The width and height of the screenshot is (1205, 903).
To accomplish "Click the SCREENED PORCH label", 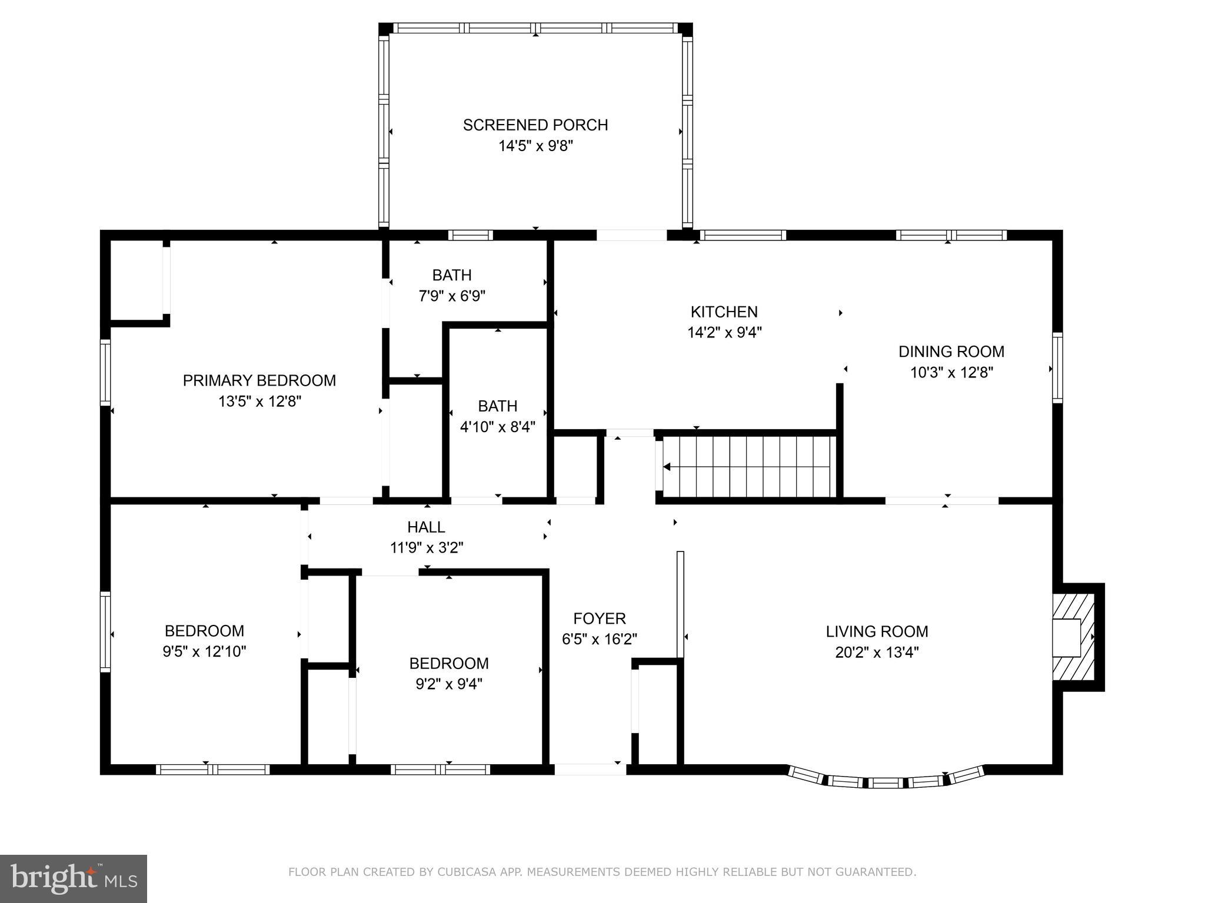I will tap(535, 125).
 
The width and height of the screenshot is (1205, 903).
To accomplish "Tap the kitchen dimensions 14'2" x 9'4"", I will tap(724, 333).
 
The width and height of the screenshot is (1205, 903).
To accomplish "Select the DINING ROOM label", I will tap(951, 352).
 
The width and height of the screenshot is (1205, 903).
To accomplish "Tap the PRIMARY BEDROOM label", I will tap(259, 380).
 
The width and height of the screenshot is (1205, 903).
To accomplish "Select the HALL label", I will tap(426, 527).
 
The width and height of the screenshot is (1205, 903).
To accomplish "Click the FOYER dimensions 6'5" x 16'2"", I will tap(599, 639).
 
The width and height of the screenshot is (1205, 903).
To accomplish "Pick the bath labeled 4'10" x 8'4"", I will tap(497, 416).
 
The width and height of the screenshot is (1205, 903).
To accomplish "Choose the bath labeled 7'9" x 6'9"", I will tap(451, 285).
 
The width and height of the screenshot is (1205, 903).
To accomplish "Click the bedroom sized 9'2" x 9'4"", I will tap(449, 674).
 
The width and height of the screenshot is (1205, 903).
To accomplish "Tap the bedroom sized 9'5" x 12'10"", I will tap(204, 641).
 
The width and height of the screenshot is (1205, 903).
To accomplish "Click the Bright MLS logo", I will tap(74, 878).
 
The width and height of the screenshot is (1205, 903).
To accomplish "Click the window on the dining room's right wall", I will tap(1057, 367).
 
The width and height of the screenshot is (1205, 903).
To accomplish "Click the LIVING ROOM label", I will tap(876, 631).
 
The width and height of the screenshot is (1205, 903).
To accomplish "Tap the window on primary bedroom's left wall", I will tap(105, 372).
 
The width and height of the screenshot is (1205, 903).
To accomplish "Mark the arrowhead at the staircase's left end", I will tap(667, 467).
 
